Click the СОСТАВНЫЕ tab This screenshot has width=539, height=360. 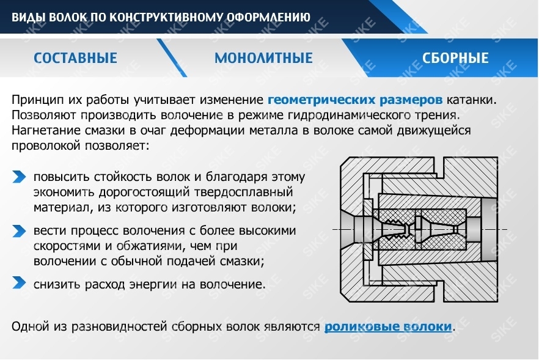click(75, 59)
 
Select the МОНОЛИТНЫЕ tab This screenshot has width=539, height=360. click(263, 59)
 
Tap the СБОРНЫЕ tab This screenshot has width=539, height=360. click(455, 59)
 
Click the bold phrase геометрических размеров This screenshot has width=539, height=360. click(355, 100)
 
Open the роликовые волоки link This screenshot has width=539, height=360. click(388, 326)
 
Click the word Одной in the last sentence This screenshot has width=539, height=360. click(28, 326)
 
